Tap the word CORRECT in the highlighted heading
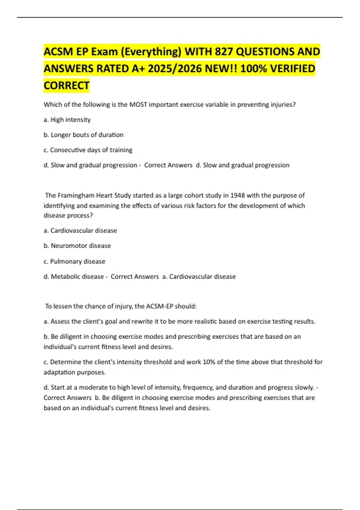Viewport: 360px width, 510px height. [x=67, y=85]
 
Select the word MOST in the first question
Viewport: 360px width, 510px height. [x=138, y=104]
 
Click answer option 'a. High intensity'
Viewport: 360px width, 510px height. [x=67, y=120]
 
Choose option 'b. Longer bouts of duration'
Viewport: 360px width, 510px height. [x=83, y=135]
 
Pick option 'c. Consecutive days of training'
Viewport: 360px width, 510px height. [x=88, y=150]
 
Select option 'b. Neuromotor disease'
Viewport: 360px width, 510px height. [x=77, y=245]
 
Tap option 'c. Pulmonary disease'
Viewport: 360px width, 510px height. [x=74, y=261]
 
